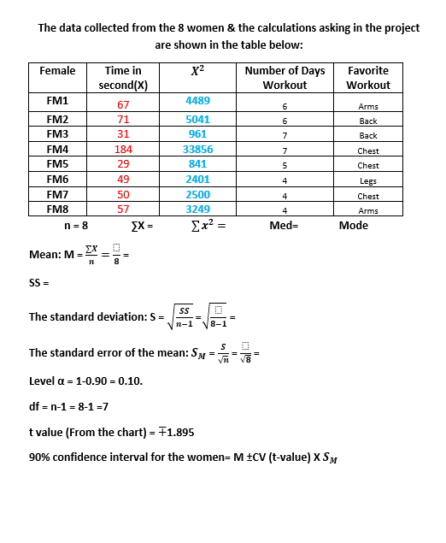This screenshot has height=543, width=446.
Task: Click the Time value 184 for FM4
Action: pyautogui.click(x=123, y=150)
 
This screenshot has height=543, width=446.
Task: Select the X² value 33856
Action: pyautogui.click(x=198, y=150)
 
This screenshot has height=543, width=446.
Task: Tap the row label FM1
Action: pyautogui.click(x=58, y=101)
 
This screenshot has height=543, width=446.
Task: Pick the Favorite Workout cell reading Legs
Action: pyautogui.click(x=368, y=180)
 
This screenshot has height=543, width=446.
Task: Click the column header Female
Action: pyautogui.click(x=58, y=71)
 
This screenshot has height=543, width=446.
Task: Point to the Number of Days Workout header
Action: pyautogui.click(x=285, y=78)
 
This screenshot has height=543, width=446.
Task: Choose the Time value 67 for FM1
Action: pyautogui.click(x=123, y=105)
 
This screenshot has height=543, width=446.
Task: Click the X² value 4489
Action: pyautogui.click(x=198, y=101)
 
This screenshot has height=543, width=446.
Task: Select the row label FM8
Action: pyautogui.click(x=58, y=210)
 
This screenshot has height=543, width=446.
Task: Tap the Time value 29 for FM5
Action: pyautogui.click(x=123, y=164)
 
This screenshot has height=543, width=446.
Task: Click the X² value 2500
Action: pyautogui.click(x=198, y=194)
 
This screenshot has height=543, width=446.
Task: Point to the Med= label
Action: pyautogui.click(x=283, y=226)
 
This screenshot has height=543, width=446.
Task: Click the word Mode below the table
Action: pyautogui.click(x=353, y=226)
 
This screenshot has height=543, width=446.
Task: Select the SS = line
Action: pyautogui.click(x=40, y=282)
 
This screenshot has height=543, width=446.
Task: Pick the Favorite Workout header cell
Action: pyautogui.click(x=368, y=78)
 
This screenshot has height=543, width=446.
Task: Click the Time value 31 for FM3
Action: pyautogui.click(x=123, y=135)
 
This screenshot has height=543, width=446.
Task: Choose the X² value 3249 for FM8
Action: pyautogui.click(x=198, y=209)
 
